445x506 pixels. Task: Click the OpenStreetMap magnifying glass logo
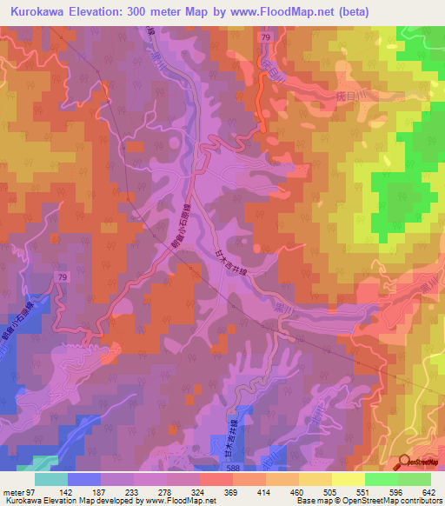(x=405, y=463)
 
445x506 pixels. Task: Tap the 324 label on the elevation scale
(x=184, y=491)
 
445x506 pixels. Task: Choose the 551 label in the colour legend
(x=349, y=491)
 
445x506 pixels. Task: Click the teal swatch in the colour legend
(x=51, y=479)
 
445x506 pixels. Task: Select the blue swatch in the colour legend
(x=84, y=479)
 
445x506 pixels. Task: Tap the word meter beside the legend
(x=12, y=491)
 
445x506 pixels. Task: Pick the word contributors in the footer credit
(x=420, y=501)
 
